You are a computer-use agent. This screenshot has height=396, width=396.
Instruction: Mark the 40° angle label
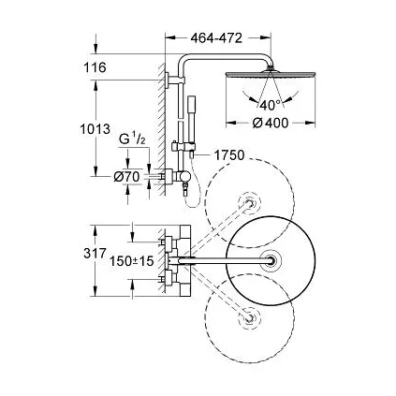(x=271, y=104)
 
